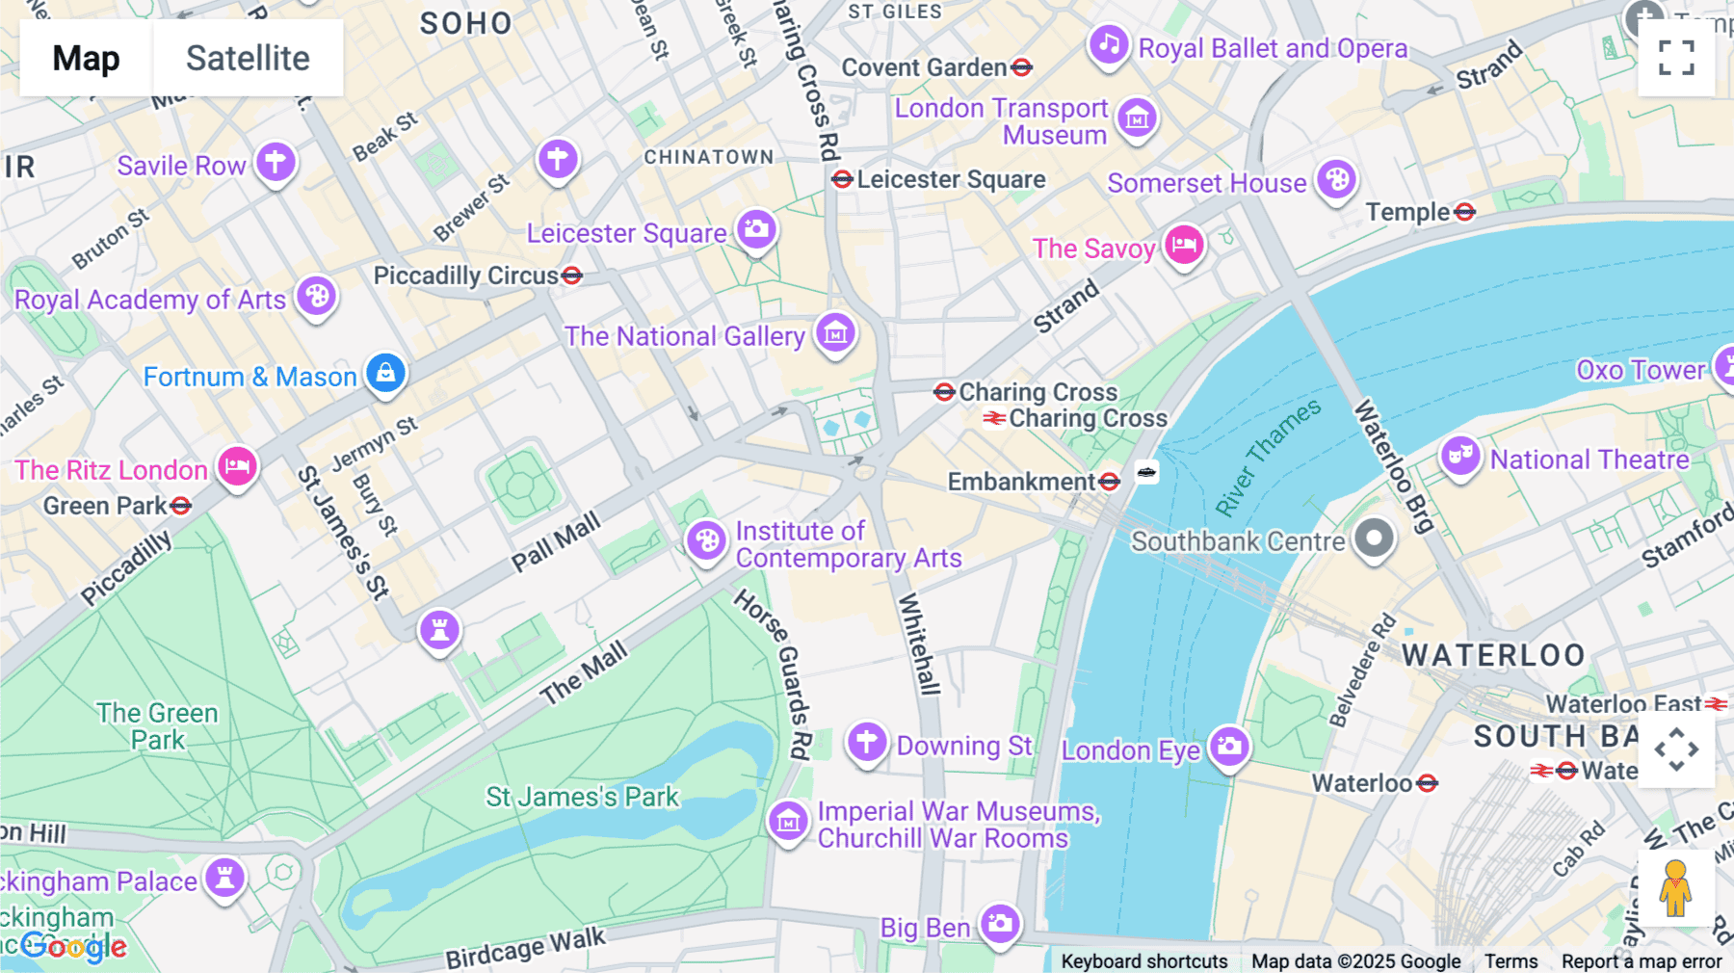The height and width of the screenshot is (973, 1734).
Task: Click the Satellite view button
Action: coord(248,58)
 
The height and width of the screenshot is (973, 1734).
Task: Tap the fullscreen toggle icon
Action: coord(1676,58)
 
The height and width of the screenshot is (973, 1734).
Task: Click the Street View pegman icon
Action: coord(1675,888)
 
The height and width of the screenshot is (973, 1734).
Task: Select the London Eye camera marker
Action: coord(1229,746)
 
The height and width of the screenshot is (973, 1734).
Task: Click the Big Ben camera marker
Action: coord(1000,924)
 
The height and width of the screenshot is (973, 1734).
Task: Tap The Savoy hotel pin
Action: coord(1184,245)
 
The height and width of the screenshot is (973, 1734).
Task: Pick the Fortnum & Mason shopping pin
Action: coord(385,372)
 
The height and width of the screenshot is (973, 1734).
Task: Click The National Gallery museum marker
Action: coord(835,333)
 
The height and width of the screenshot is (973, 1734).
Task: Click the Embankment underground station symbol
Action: coord(1110,481)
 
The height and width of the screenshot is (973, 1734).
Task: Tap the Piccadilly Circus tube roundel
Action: coord(572,276)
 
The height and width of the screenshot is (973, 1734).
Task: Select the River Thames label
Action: coord(1267,458)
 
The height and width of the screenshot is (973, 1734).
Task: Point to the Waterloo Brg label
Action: coord(1394,466)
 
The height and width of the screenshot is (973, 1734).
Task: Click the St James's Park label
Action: coord(582,797)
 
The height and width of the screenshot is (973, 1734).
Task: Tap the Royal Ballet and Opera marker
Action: coord(1109,44)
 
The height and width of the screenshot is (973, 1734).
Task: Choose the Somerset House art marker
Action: coord(1336,179)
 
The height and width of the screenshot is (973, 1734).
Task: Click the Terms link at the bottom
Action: coord(1511,960)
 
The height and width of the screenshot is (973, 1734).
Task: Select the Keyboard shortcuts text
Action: coord(1143,960)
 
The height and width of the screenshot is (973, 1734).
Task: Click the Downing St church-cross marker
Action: coord(866,743)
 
